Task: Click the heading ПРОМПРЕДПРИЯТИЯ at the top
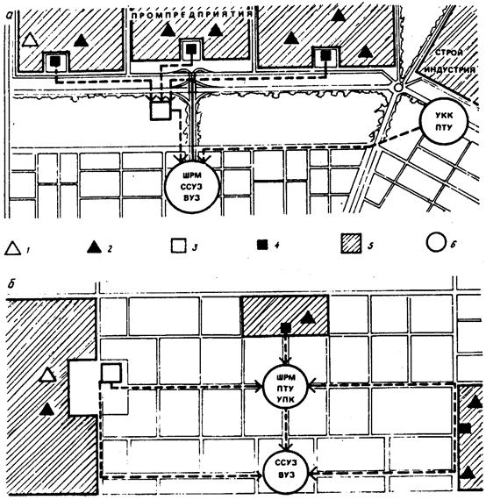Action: coord(192,15)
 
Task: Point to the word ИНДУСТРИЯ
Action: coord(451,70)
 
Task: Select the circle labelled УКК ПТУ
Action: coord(444,121)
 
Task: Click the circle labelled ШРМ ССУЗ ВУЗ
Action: coord(192,187)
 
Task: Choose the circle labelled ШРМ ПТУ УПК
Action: coord(286,388)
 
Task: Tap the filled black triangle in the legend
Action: coord(95,247)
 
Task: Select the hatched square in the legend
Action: coord(351,243)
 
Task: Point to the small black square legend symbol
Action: coord(263,246)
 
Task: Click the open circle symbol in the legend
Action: coord(436,242)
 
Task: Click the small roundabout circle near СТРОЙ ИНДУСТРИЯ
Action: coord(398,87)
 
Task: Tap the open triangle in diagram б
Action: coord(47,375)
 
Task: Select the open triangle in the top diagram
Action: coord(31,40)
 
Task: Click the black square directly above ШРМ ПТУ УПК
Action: coord(285,327)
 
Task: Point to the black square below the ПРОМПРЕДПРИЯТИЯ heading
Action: coord(191,49)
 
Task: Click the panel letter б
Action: coord(11,283)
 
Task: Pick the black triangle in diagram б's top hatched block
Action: coord(308,318)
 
